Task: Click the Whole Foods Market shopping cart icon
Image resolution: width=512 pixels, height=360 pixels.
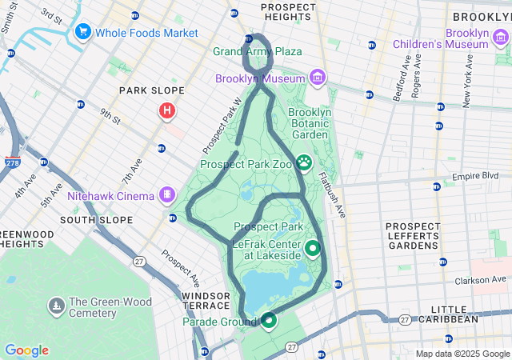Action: click(82, 32)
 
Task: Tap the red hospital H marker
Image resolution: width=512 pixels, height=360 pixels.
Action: click(167, 110)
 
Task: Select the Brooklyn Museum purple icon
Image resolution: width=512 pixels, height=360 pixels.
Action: click(318, 78)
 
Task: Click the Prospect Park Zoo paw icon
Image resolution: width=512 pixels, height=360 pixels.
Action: click(305, 163)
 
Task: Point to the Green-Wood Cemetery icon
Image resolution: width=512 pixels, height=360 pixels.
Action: click(56, 306)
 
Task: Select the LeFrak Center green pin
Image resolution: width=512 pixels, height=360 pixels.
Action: click(312, 248)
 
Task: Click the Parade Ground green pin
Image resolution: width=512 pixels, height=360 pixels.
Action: click(268, 321)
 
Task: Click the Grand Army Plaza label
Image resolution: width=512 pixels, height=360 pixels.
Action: click(258, 51)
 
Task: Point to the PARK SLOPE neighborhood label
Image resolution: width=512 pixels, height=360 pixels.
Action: click(152, 90)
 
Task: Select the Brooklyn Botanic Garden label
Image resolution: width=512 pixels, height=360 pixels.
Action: click(310, 124)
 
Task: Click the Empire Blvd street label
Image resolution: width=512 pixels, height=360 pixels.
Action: click(481, 176)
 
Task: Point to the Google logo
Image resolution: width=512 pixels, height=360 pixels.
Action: click(26, 350)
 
